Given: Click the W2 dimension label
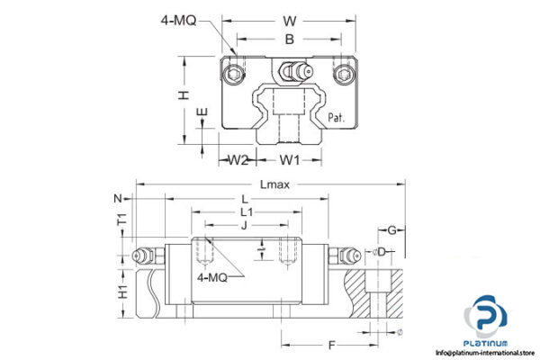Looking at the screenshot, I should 237,161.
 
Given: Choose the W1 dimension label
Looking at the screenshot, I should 289,161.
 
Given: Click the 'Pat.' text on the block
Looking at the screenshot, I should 337,117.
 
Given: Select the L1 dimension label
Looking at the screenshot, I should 245,211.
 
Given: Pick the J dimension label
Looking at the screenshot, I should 244,225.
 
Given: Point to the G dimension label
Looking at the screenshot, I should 391,230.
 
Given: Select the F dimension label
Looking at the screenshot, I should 333,344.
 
